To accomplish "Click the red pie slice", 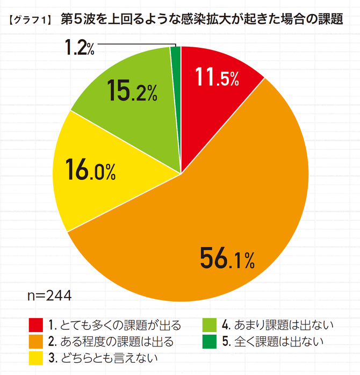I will [215, 102].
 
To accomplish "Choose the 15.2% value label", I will [131, 91].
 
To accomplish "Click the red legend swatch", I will [35, 325].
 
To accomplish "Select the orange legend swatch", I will [35, 341].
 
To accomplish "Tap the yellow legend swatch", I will [35, 356].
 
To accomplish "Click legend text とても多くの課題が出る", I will [121, 325].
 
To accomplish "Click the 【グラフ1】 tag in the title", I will [30, 21].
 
